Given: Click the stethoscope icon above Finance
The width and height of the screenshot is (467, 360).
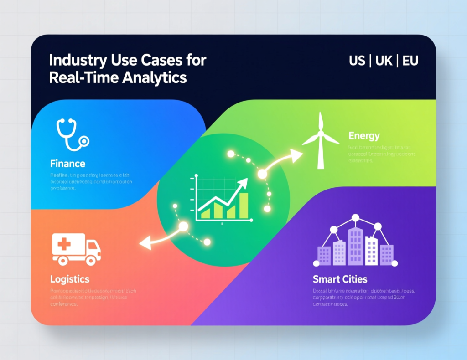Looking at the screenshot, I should [x=71, y=134].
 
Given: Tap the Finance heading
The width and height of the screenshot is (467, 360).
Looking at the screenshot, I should [x=67, y=163].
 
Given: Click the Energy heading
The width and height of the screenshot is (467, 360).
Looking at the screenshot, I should [x=364, y=135].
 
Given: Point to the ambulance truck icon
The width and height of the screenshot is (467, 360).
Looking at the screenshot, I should [x=76, y=249].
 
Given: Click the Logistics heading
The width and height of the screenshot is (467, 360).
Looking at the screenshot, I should [x=70, y=278].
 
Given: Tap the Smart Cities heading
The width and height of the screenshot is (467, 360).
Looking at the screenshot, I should [x=340, y=279].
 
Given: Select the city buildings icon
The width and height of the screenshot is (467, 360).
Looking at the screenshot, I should [x=355, y=242].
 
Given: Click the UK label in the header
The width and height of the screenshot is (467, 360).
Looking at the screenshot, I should [x=383, y=61].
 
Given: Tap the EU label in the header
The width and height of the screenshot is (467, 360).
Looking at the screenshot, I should [x=410, y=61].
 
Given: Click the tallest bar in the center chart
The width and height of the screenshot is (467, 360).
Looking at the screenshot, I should [x=243, y=205].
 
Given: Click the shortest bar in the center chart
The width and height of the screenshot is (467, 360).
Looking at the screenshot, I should [x=205, y=213].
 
